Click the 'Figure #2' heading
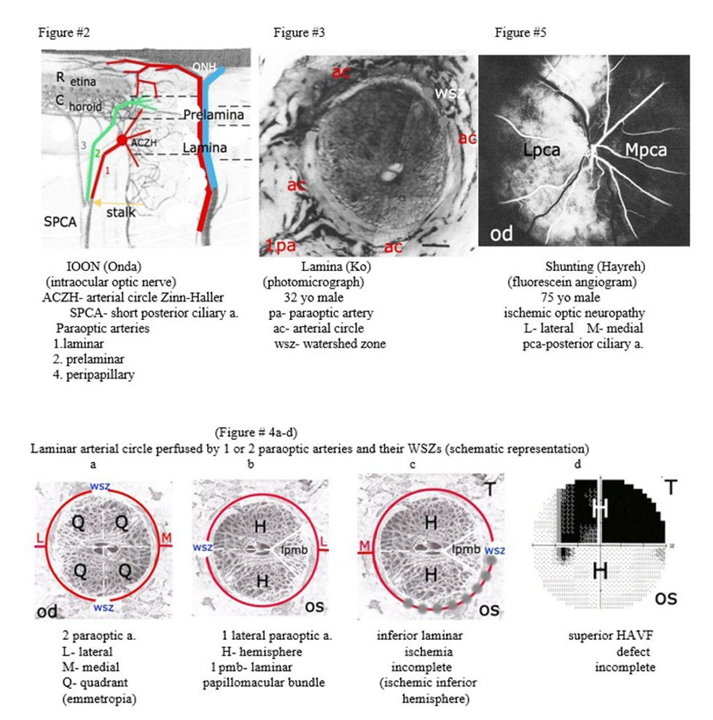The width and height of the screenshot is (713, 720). pos(63,33)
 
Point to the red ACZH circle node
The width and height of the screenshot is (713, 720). pos(122,140)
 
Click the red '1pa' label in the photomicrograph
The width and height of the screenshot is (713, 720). pos(280,246)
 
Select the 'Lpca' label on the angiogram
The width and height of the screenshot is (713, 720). pos(538,151)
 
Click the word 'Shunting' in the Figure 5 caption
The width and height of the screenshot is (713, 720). pos(567,267)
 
